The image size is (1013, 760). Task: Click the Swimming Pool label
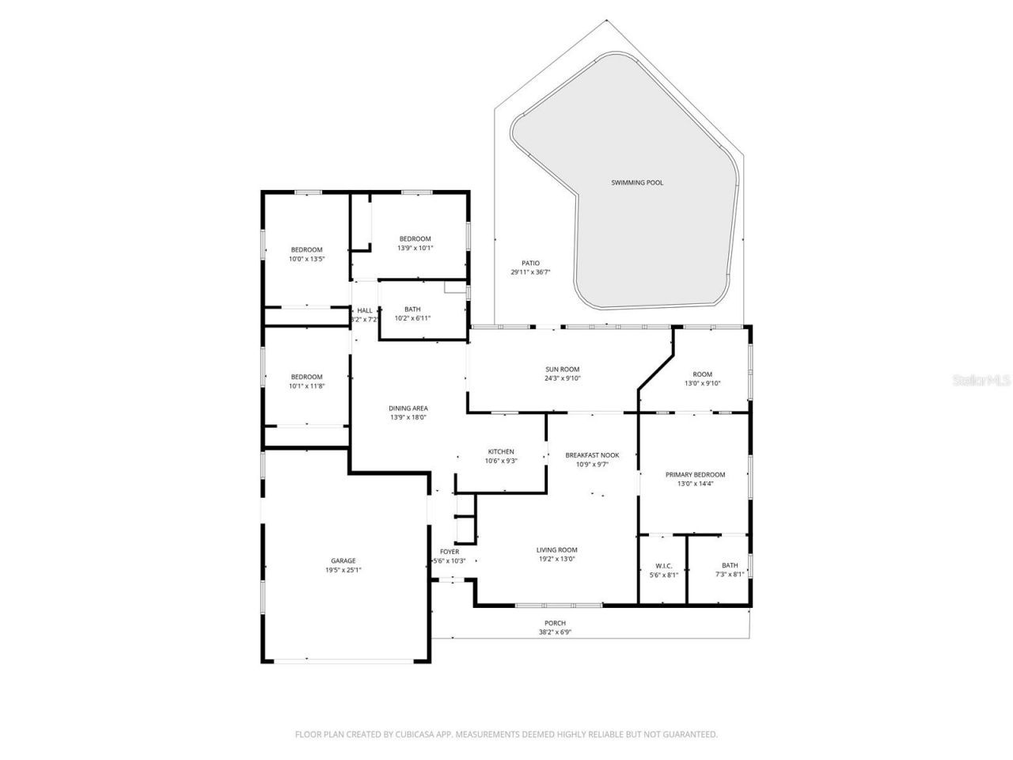click(x=637, y=183)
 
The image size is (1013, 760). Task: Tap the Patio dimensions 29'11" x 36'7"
click(x=530, y=272)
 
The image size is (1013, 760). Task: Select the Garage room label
click(x=343, y=560)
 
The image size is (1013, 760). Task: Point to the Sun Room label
click(x=563, y=369)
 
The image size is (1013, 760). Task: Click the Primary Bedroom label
click(x=695, y=475)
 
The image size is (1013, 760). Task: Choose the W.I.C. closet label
click(x=663, y=566)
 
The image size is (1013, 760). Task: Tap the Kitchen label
click(x=501, y=452)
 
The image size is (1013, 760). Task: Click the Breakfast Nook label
click(x=592, y=455)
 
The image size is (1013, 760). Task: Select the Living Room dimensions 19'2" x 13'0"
click(x=557, y=559)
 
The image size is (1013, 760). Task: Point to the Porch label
click(x=555, y=623)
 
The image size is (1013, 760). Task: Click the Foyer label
click(x=450, y=552)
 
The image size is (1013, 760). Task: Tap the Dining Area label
click(x=408, y=408)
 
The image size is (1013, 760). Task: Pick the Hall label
click(x=365, y=310)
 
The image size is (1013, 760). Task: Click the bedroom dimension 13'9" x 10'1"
click(x=415, y=248)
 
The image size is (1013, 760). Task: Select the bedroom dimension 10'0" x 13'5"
click(x=306, y=259)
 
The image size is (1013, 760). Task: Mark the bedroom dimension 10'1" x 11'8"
click(x=306, y=386)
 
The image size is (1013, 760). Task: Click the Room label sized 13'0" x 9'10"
click(x=702, y=374)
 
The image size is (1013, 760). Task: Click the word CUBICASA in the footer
click(x=417, y=735)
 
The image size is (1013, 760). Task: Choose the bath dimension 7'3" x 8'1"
click(x=729, y=575)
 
